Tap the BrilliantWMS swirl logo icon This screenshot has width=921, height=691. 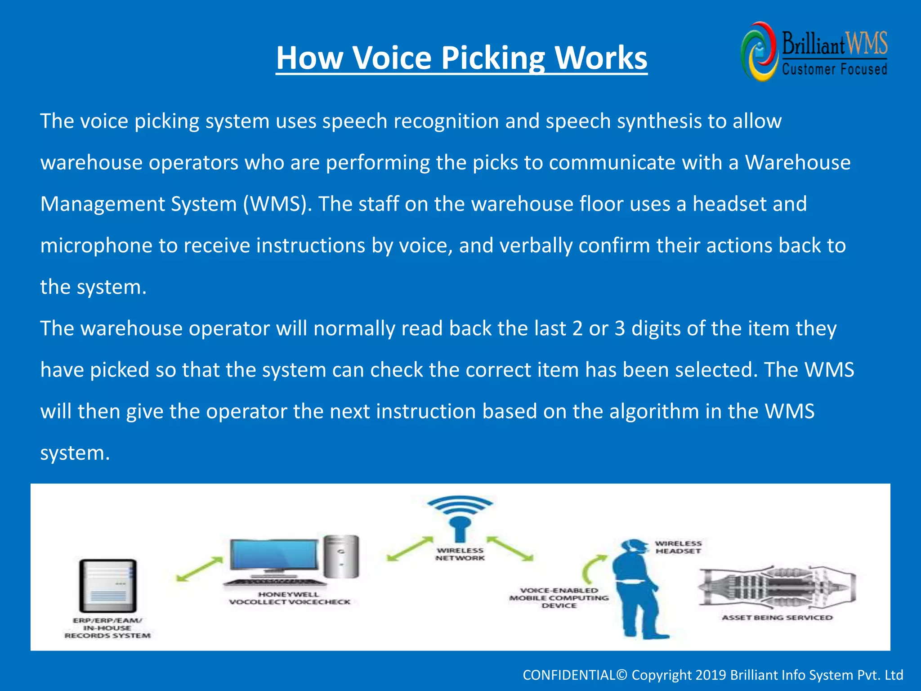759,52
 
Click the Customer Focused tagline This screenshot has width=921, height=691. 834,69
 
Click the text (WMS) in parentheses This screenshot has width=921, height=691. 277,204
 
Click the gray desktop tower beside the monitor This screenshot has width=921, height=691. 342,556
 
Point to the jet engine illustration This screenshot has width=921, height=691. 777,587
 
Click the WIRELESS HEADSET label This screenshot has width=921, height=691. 678,547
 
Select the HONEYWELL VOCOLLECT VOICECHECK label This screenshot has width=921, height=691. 289,598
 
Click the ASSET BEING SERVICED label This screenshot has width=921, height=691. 777,618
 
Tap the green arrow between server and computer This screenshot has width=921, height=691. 199,569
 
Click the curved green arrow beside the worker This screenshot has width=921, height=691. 593,568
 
